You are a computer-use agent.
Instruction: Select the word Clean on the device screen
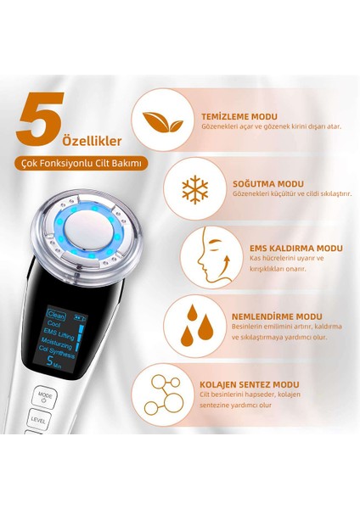click(x=58, y=312)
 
